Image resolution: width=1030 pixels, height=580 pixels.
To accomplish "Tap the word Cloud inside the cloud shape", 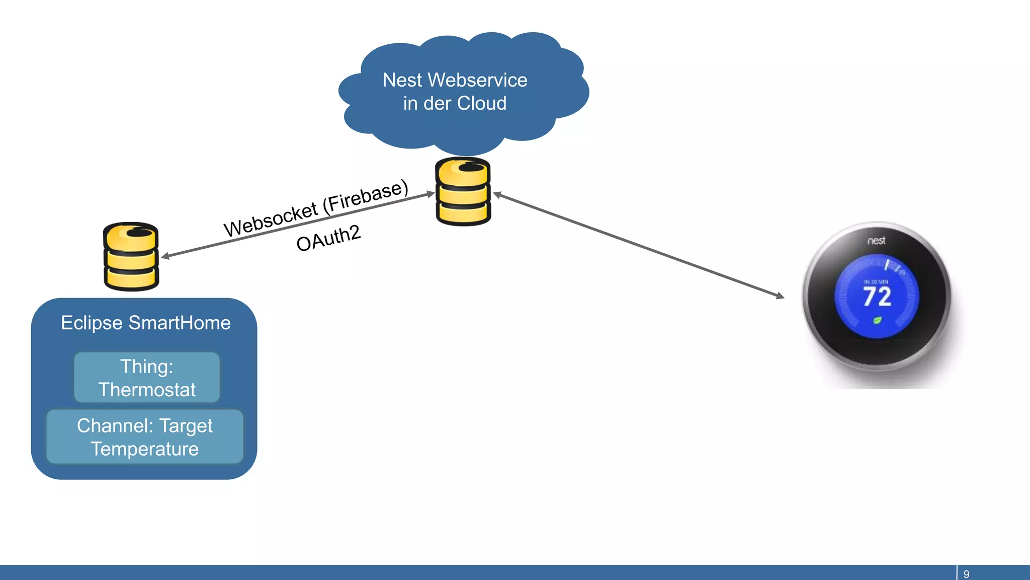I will pyautogui.click(x=481, y=103).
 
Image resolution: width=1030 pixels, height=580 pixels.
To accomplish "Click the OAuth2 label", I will pyautogui.click(x=328, y=238).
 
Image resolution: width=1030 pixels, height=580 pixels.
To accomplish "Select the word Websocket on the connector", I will pyautogui.click(x=271, y=220).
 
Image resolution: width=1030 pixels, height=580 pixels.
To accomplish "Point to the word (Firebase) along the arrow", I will pyautogui.click(x=366, y=196).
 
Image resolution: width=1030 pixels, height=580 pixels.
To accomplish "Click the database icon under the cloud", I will pyautogui.click(x=463, y=191).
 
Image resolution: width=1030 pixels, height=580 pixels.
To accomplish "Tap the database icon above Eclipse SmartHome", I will pyautogui.click(x=131, y=256).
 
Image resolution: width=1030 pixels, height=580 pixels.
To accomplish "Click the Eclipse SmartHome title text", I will pyautogui.click(x=145, y=323).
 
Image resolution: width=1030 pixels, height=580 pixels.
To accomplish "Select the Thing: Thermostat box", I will pyautogui.click(x=147, y=378).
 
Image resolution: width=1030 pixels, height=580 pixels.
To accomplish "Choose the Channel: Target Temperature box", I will pyautogui.click(x=145, y=437).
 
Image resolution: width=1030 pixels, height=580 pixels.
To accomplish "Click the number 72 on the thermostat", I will pyautogui.click(x=877, y=297).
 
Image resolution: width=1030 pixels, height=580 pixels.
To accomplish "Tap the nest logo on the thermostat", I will pyautogui.click(x=876, y=241).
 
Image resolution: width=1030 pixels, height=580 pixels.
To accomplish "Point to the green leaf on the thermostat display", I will pyautogui.click(x=877, y=320).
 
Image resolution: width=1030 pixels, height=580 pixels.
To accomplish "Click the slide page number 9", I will pyautogui.click(x=966, y=574).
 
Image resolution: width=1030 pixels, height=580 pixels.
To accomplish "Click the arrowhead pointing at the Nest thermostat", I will pyautogui.click(x=781, y=296).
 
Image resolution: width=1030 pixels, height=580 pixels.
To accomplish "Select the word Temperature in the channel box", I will pyautogui.click(x=145, y=449).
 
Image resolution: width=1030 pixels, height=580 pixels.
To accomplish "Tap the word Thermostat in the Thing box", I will pyautogui.click(x=147, y=390).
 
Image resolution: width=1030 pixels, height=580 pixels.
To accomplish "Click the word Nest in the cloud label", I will pyautogui.click(x=402, y=80).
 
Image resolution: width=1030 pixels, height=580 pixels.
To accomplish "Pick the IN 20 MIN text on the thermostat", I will pyautogui.click(x=876, y=282).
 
